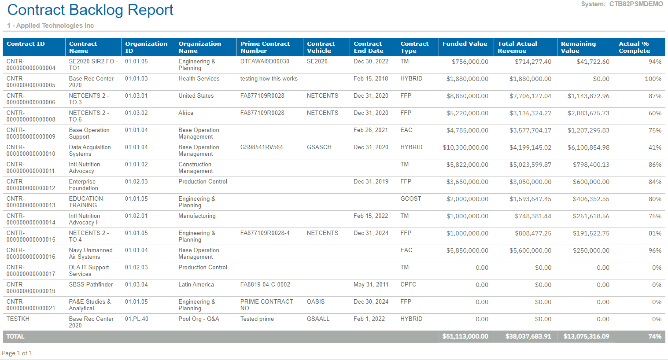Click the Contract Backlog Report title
(90, 10)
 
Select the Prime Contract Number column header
(265, 47)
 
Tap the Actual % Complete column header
(634, 47)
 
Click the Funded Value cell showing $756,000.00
(470, 62)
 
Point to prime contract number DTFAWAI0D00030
(265, 62)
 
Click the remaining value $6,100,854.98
(588, 147)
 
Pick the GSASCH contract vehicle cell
(319, 147)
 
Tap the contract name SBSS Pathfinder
(91, 285)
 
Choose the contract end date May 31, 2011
(371, 285)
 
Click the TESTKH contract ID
(18, 319)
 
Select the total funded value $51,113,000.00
(465, 337)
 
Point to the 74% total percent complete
(654, 337)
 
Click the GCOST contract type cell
(410, 199)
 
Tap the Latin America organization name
(196, 285)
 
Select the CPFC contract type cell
(408, 285)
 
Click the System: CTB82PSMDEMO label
(622, 4)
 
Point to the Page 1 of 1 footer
(17, 353)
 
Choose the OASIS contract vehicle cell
(315, 302)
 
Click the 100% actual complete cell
(653, 79)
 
